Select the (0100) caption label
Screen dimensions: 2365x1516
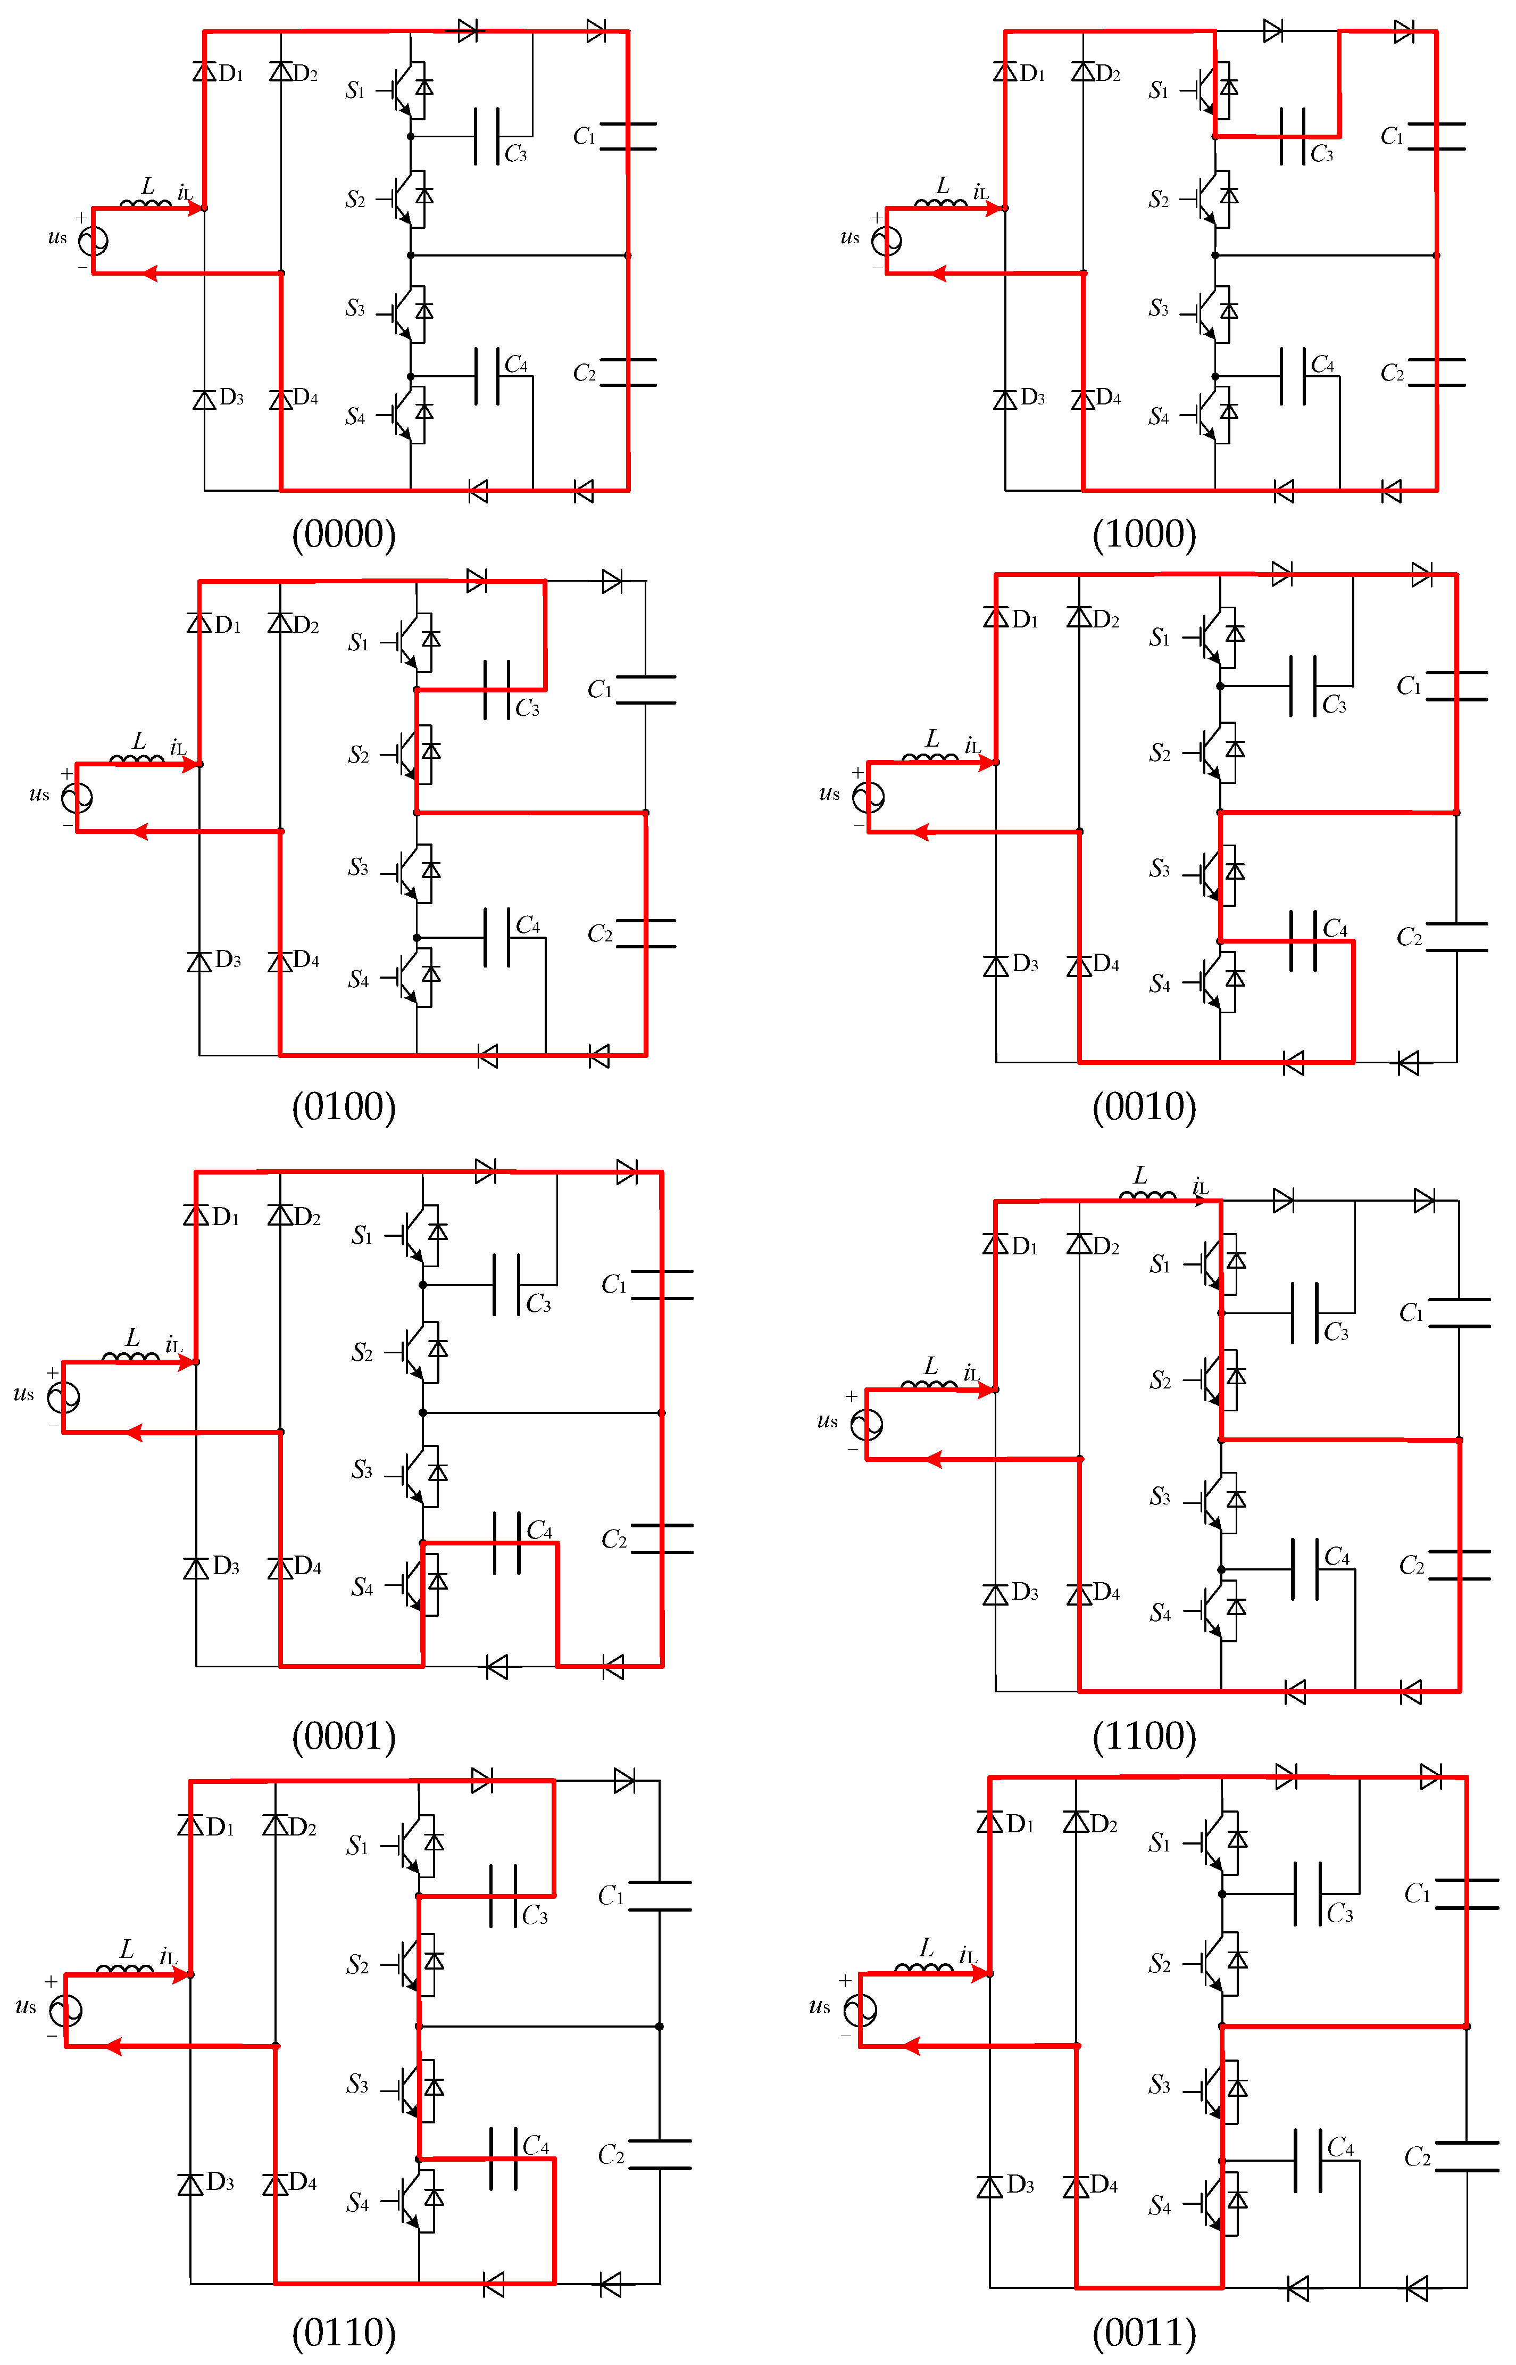point(344,1107)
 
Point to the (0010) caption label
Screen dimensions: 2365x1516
point(1144,1107)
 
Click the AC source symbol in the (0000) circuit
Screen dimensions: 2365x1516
point(94,240)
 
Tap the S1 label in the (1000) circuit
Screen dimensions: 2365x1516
point(1159,90)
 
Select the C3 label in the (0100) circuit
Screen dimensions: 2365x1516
point(528,708)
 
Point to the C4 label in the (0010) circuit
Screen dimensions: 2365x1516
point(1335,929)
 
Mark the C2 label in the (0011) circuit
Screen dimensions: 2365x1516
point(1418,2158)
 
